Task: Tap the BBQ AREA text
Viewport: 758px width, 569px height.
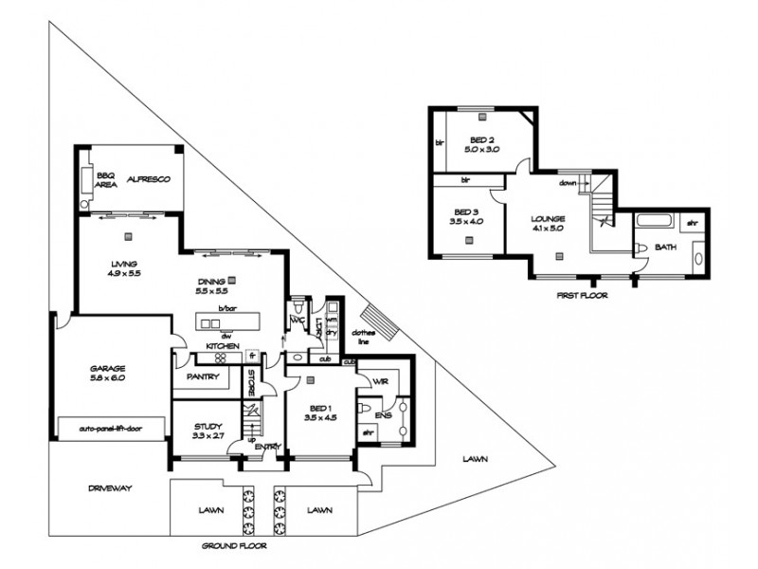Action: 105,180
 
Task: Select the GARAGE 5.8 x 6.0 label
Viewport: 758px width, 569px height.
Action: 107,373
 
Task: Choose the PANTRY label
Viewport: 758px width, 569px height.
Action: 204,376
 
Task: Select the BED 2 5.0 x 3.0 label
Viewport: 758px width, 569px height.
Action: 480,144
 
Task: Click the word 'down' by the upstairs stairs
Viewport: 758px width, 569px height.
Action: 568,184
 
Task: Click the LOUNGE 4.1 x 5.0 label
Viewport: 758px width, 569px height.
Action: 549,222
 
